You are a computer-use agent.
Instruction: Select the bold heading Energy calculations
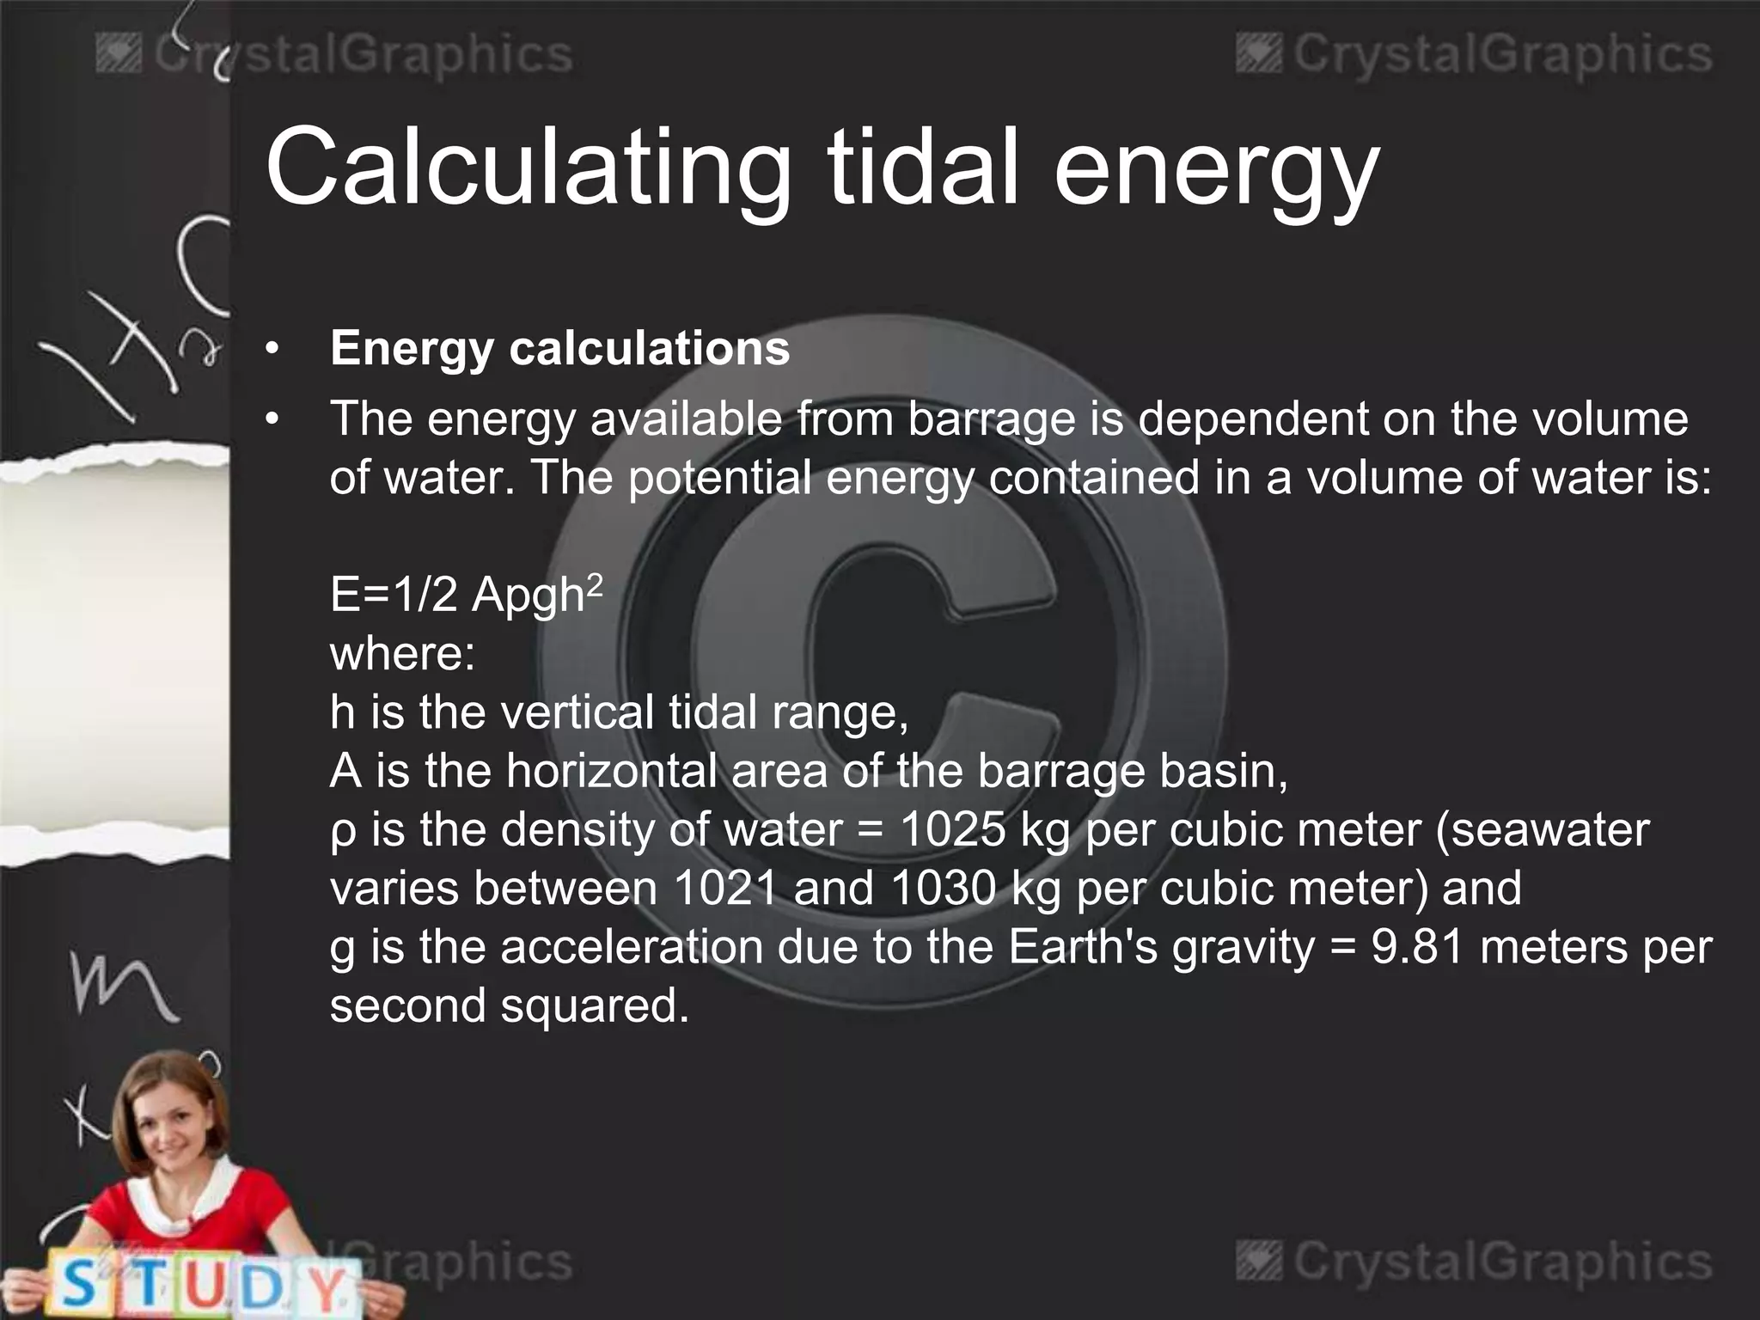[x=559, y=349]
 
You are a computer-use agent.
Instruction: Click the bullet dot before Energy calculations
[x=272, y=349]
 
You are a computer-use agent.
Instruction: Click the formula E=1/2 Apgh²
[x=465, y=594]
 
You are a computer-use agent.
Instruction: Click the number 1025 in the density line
[x=952, y=830]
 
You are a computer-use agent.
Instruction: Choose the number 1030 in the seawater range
[x=944, y=889]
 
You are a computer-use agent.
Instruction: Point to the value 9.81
[x=1416, y=947]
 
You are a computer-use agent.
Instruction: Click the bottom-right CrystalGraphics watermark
[x=1474, y=1262]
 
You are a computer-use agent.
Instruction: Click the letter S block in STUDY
[x=79, y=1284]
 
